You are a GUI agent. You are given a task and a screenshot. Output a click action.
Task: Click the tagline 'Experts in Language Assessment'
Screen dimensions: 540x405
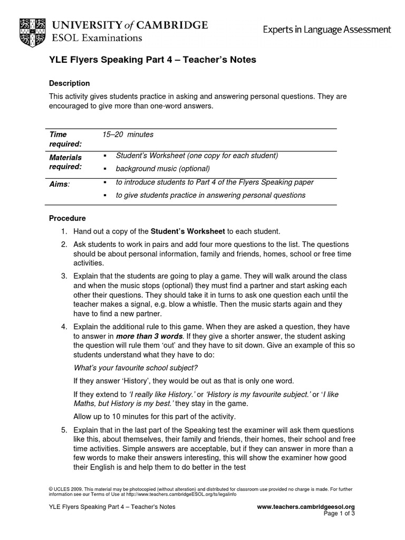(x=327, y=30)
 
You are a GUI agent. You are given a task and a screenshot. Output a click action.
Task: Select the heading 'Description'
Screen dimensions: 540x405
(x=69, y=83)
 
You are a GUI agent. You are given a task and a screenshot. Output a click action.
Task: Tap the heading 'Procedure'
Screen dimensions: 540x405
(x=67, y=218)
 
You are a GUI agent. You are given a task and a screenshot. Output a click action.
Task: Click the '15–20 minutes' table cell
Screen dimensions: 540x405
(x=128, y=134)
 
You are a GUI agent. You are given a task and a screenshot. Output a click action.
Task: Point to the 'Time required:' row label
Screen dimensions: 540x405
(x=65, y=139)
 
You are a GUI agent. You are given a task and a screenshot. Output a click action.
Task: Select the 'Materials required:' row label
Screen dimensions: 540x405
(x=65, y=162)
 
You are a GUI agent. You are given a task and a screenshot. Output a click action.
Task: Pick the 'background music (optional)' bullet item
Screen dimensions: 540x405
(x=162, y=169)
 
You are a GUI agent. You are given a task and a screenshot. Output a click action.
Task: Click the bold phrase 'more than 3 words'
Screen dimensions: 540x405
(x=149, y=336)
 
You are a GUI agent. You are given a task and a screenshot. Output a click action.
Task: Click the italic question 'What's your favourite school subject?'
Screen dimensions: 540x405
(x=136, y=368)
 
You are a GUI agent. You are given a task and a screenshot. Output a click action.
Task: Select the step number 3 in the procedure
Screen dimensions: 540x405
(x=64, y=276)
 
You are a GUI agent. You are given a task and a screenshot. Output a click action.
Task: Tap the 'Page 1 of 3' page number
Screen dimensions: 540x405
(x=339, y=514)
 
